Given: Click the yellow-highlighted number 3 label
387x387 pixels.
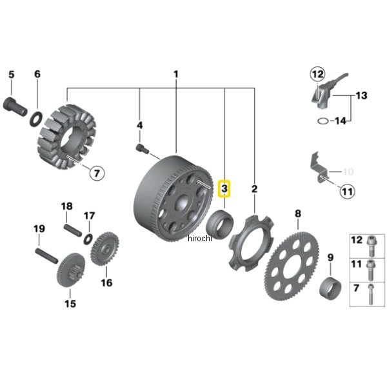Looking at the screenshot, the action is click(x=224, y=189).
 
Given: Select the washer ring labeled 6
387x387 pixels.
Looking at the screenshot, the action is click(x=36, y=119).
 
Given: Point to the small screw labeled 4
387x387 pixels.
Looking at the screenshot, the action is click(x=143, y=148).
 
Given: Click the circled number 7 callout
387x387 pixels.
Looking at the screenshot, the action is click(x=97, y=173).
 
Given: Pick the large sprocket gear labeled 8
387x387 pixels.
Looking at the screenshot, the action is click(x=292, y=266).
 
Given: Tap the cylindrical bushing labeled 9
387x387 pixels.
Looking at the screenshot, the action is click(x=330, y=288).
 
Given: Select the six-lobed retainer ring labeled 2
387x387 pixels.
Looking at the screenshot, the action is click(x=252, y=243).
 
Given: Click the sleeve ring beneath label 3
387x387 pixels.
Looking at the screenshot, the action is click(x=220, y=224).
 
